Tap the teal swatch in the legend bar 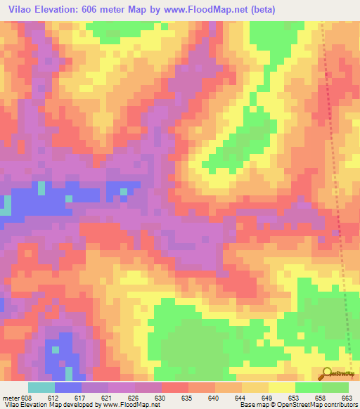41,387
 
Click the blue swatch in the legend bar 68,387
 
